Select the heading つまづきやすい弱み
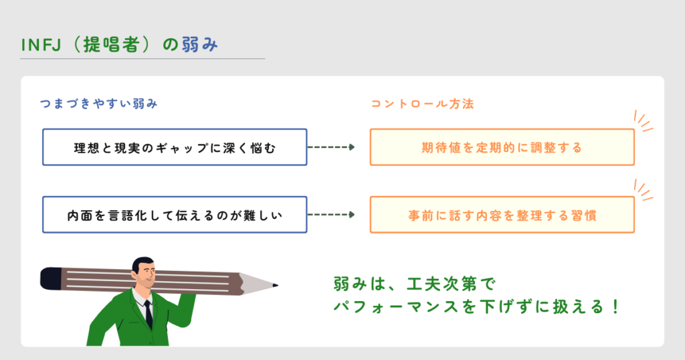click(x=99, y=104)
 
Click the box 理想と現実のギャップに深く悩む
click(x=175, y=147)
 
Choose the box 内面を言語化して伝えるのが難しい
click(x=175, y=215)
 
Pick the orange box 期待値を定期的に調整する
click(x=502, y=147)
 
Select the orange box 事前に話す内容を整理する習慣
click(x=502, y=215)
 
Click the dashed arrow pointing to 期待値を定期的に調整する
click(x=331, y=147)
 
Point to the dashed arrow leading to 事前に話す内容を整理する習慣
click(x=331, y=215)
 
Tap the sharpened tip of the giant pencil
click(x=274, y=286)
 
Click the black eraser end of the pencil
click(x=50, y=276)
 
